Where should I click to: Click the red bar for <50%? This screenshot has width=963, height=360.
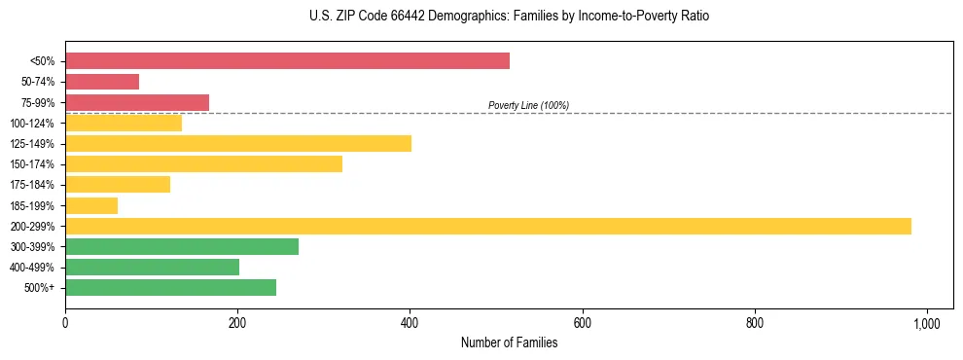pos(287,61)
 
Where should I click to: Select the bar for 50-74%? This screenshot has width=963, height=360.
pos(102,82)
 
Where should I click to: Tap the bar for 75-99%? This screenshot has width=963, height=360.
pos(137,102)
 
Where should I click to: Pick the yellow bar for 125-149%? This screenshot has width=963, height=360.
pos(238,143)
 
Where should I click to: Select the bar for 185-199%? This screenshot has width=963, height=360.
pos(91,205)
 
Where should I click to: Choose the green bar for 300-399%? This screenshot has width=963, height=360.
pos(182,246)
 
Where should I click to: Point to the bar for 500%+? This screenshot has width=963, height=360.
pos(170,287)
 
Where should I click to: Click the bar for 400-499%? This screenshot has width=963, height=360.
pos(152,267)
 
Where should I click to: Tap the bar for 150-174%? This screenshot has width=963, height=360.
pos(203,163)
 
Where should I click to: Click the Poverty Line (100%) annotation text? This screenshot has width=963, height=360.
pos(528,105)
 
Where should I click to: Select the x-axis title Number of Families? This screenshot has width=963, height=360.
pos(509,342)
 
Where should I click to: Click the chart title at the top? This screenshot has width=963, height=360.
pos(481,17)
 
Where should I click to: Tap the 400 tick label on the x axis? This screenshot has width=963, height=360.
pos(410,322)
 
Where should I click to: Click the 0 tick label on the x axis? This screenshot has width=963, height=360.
pos(65,322)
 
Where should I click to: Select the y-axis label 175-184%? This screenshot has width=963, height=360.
pos(32,185)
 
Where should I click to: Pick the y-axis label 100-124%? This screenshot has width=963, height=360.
pos(32,124)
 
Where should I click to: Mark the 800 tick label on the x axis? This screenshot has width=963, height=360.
pos(754,322)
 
